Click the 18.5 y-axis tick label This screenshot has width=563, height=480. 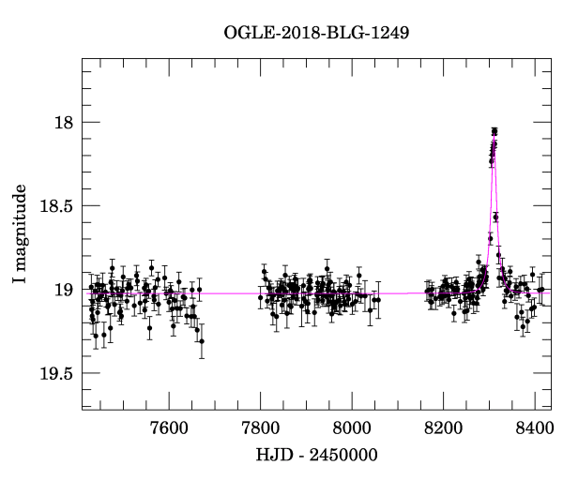[55, 206]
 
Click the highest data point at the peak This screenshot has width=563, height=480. [495, 131]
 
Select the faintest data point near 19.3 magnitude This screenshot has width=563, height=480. [202, 341]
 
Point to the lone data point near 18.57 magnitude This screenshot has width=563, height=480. [495, 217]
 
